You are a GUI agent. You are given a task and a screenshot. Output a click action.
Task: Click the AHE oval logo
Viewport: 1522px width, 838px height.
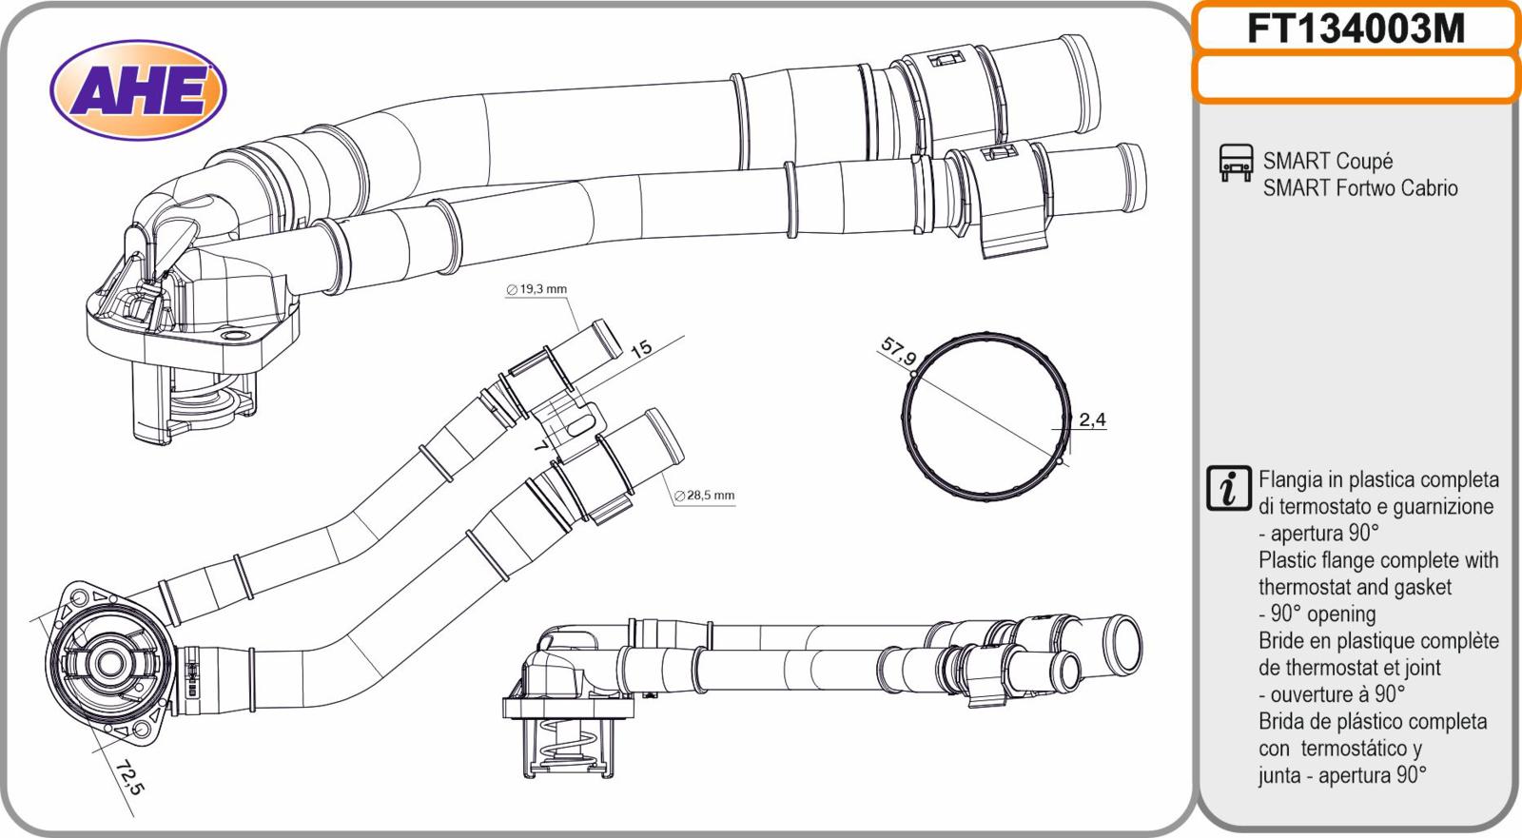138,89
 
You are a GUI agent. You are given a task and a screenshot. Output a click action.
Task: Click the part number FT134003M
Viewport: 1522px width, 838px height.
1356,29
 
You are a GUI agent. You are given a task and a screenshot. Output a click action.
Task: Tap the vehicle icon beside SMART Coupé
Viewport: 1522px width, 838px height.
1236,163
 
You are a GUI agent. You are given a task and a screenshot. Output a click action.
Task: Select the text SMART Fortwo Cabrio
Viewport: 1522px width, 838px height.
1360,187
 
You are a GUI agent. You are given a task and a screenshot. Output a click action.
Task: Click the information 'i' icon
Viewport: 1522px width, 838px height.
1228,488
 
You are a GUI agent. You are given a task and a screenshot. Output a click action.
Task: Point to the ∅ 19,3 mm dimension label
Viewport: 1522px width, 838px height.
537,289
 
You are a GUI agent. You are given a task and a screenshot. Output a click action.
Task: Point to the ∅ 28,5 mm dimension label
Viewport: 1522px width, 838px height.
704,496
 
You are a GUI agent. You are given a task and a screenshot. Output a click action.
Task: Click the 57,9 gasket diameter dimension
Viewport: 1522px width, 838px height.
898,351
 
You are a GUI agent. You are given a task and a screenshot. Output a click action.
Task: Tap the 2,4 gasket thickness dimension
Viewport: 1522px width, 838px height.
1092,420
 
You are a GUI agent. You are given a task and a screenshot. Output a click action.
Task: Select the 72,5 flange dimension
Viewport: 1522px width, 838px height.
129,777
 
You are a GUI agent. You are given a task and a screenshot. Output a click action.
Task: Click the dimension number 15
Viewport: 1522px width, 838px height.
641,349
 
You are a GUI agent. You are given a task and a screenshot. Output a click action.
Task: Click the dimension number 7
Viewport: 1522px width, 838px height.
539,446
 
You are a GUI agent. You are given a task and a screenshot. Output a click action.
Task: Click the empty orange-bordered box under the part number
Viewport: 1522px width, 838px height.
1356,77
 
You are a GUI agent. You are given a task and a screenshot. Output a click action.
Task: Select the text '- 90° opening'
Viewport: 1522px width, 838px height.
1317,614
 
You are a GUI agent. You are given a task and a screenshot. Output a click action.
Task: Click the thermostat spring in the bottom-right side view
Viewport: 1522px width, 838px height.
570,746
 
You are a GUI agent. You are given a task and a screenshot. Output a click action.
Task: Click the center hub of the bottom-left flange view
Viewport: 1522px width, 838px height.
109,665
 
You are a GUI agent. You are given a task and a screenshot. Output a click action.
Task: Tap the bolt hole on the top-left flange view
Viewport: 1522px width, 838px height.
235,338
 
